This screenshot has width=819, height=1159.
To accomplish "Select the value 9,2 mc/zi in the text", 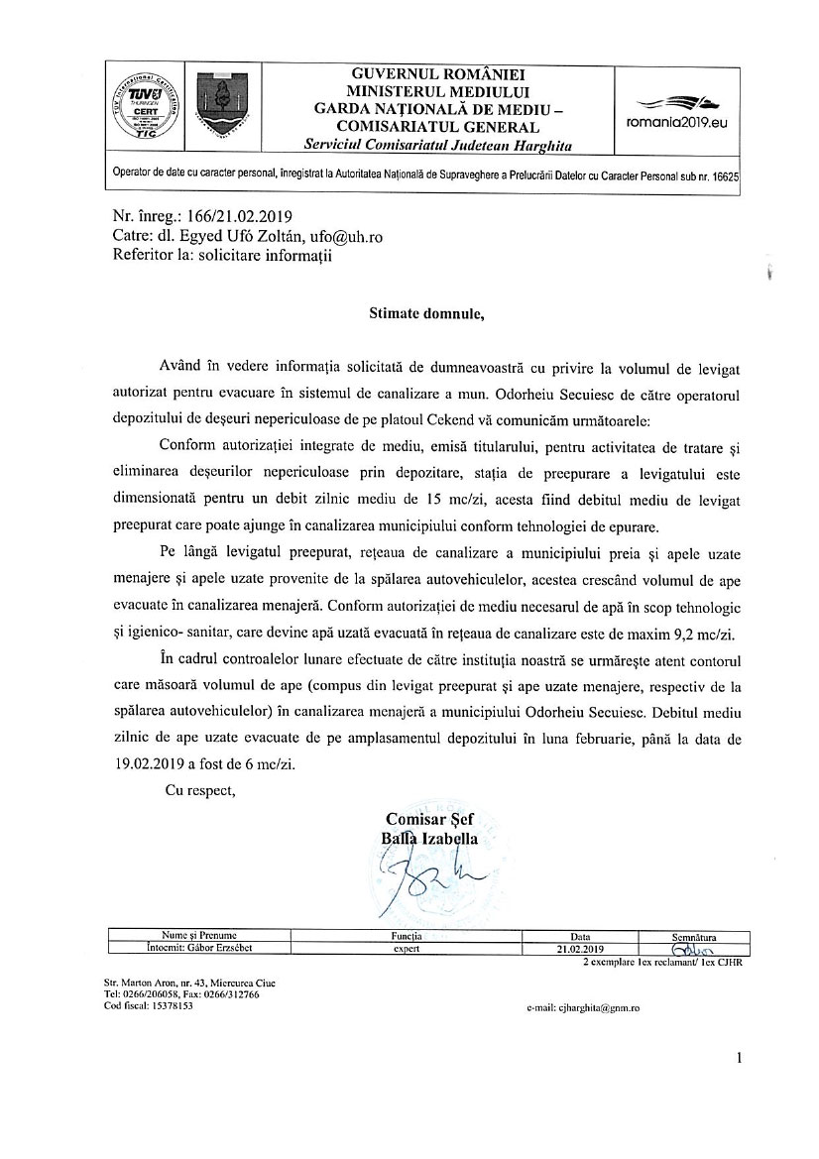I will click(698, 633).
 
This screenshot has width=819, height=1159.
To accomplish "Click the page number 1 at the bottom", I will click(740, 1059).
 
